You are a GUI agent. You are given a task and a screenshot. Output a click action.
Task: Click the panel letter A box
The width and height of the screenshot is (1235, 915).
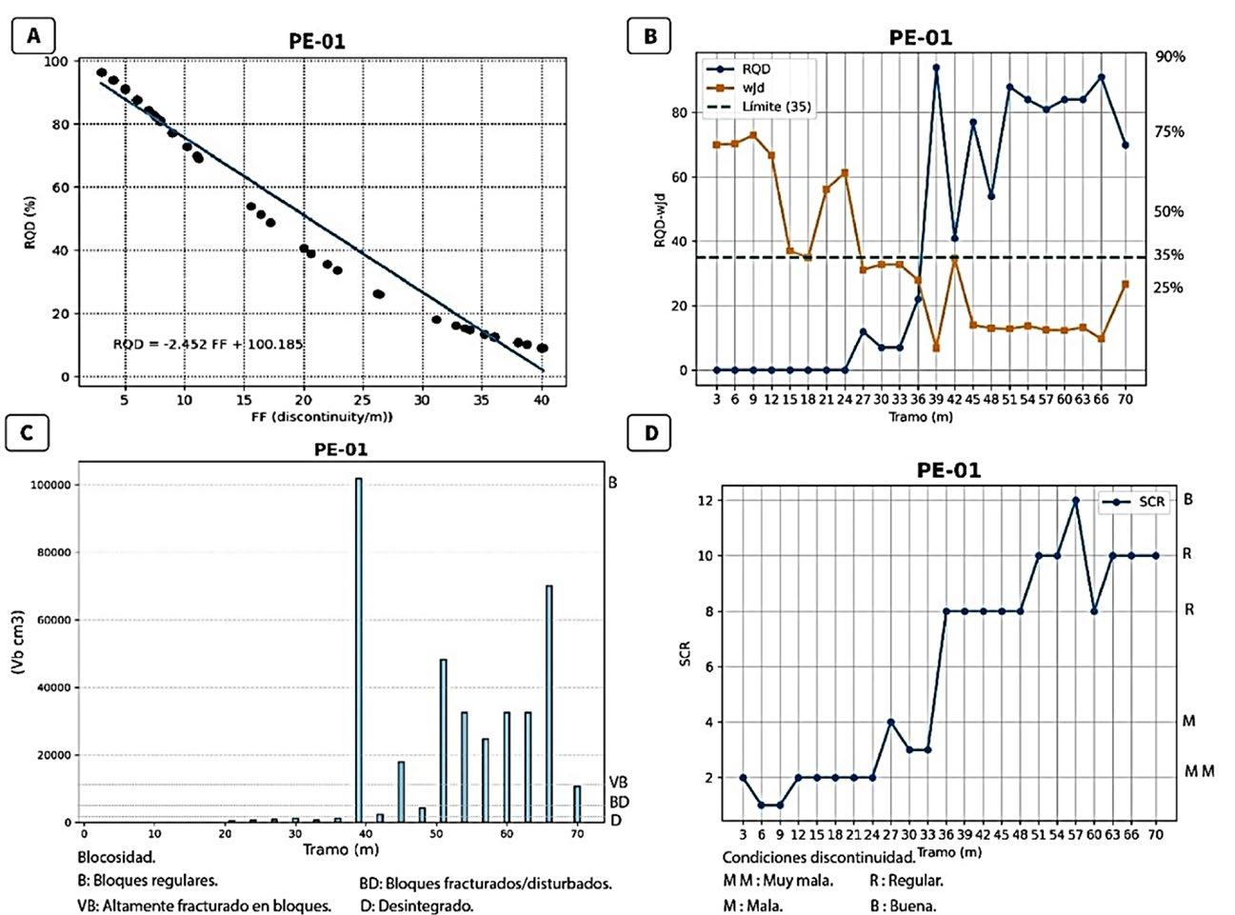pos(34,36)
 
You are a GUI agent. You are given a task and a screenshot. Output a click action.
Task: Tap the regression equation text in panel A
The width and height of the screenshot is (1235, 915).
pos(208,344)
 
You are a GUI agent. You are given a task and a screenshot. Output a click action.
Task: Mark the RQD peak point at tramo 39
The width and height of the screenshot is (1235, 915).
pos(936,68)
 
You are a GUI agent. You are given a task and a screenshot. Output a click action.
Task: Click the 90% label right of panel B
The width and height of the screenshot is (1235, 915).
pos(1170,57)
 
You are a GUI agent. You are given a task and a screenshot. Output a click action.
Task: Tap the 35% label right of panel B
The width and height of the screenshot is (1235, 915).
pos(1169,255)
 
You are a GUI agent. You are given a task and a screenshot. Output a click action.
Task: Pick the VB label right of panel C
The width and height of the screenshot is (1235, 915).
pos(617,783)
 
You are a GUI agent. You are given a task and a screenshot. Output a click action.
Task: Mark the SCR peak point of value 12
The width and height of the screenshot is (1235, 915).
pos(1075,500)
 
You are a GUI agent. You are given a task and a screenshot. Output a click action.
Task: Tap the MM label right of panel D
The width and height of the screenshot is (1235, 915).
pos(1199,771)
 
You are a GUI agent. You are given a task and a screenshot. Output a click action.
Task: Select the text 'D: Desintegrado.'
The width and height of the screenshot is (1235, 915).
pos(417,905)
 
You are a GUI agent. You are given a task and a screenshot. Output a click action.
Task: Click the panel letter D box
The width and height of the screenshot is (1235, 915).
pos(651,433)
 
